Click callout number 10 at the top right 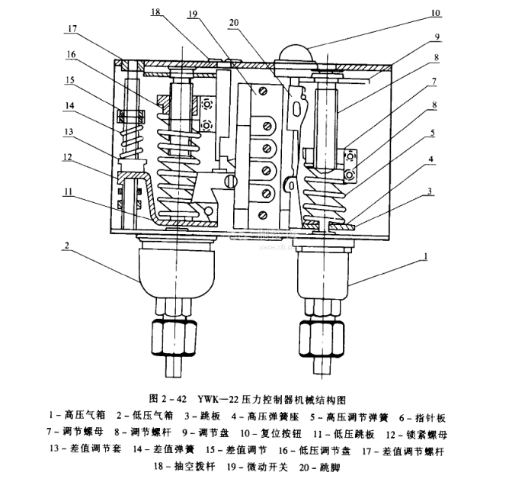coord(455,13)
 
